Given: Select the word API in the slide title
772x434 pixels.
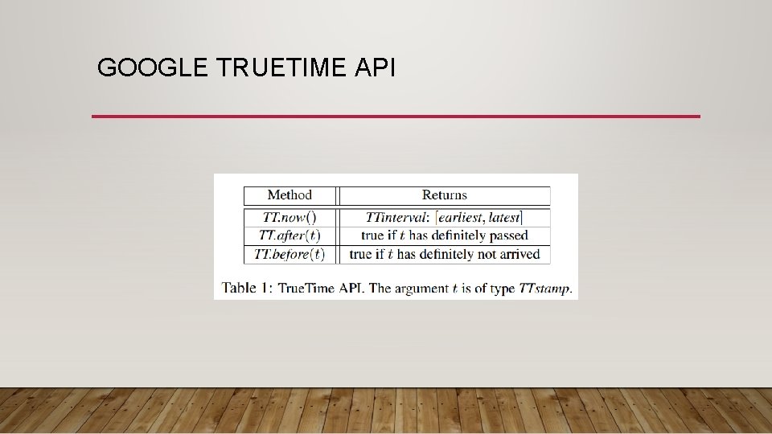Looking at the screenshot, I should click(x=375, y=68).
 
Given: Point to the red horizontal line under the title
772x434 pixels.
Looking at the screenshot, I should click(x=396, y=117).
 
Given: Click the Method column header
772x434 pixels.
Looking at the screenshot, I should click(x=289, y=195).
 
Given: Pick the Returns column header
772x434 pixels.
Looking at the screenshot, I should click(x=444, y=195).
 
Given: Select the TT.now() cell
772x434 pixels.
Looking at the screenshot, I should click(x=289, y=217).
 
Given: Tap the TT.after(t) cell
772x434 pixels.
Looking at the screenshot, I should click(x=289, y=235).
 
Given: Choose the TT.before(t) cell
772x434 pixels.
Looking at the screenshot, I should click(x=289, y=254).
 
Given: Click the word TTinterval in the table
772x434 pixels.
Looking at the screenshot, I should click(x=396, y=217).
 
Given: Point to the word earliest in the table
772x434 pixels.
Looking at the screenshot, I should click(x=460, y=217).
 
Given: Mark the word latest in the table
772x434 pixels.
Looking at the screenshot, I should click(x=504, y=217).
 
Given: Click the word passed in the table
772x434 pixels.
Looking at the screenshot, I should click(x=508, y=235).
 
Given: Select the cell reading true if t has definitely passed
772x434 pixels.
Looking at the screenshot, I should click(x=444, y=235).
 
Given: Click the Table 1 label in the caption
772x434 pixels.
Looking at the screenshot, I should click(x=246, y=288).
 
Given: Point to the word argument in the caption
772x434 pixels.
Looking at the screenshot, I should click(x=421, y=289).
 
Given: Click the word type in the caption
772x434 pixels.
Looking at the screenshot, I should click(x=501, y=289).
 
